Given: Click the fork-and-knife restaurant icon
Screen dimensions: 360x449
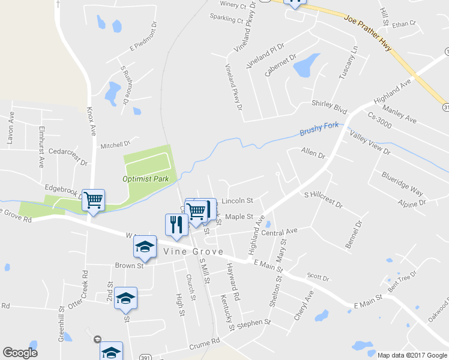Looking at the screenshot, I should coord(175,225).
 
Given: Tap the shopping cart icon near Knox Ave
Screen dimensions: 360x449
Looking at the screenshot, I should coord(94,200).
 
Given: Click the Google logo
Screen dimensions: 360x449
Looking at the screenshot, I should coord(20,353).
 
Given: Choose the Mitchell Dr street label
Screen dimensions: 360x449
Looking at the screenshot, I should coord(115,145).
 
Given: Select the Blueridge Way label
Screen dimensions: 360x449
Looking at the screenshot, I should coord(402,183).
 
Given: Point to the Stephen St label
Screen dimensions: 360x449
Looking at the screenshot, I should coord(255,324).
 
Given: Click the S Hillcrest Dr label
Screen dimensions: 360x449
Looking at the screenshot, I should coord(323,200).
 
